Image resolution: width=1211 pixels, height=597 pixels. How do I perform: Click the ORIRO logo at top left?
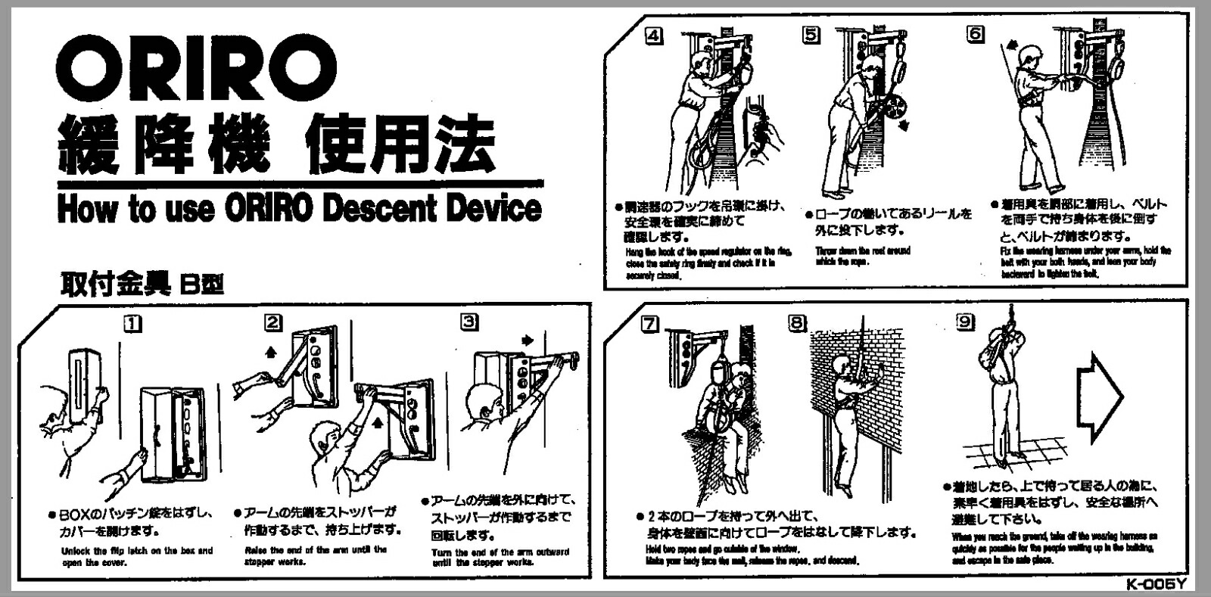pos(195,67)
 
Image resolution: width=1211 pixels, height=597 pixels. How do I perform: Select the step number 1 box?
pos(133,324)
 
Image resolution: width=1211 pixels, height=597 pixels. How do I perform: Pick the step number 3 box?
pos(469,322)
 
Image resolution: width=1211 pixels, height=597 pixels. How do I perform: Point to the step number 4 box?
pos(653,35)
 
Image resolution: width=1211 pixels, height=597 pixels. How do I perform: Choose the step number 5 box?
pos(811,35)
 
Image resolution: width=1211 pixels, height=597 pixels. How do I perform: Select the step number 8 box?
pos(797,323)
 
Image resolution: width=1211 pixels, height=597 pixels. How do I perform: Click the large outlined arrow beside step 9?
pos(1099,397)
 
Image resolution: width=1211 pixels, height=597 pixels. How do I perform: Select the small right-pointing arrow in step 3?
pos(528,340)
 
